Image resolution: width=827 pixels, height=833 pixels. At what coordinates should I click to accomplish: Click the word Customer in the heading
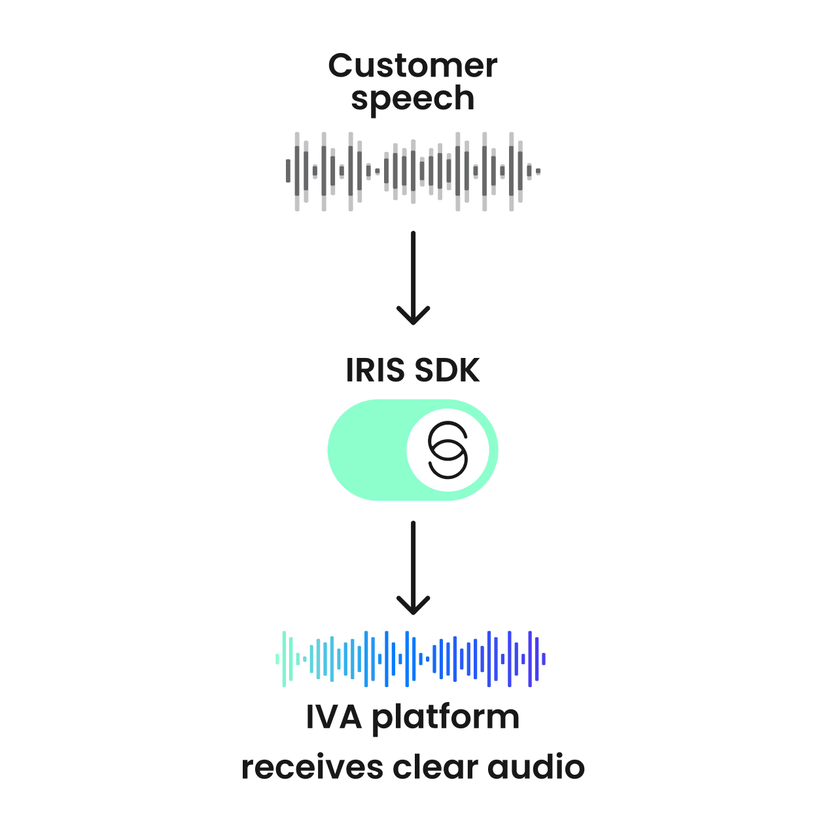click(x=412, y=66)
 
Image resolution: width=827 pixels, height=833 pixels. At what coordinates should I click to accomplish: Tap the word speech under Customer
click(x=412, y=99)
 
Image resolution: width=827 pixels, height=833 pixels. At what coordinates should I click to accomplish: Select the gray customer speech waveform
click(x=412, y=171)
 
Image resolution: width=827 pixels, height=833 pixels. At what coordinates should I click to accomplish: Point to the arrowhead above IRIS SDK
click(x=413, y=318)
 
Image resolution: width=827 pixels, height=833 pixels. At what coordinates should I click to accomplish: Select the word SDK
click(x=447, y=370)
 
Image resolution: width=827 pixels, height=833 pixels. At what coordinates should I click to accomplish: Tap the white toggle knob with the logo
click(x=448, y=450)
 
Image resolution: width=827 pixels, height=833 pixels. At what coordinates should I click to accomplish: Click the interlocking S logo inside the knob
click(x=448, y=450)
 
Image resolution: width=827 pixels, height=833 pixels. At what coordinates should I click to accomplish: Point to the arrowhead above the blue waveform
click(x=413, y=608)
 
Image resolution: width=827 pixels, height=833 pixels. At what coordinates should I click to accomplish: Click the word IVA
click(x=333, y=717)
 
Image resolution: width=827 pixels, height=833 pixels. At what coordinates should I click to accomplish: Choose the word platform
click(x=446, y=718)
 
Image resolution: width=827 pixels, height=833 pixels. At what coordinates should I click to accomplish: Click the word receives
click(x=311, y=767)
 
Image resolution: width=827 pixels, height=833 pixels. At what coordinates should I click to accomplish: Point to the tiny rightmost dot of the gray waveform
click(x=538, y=171)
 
